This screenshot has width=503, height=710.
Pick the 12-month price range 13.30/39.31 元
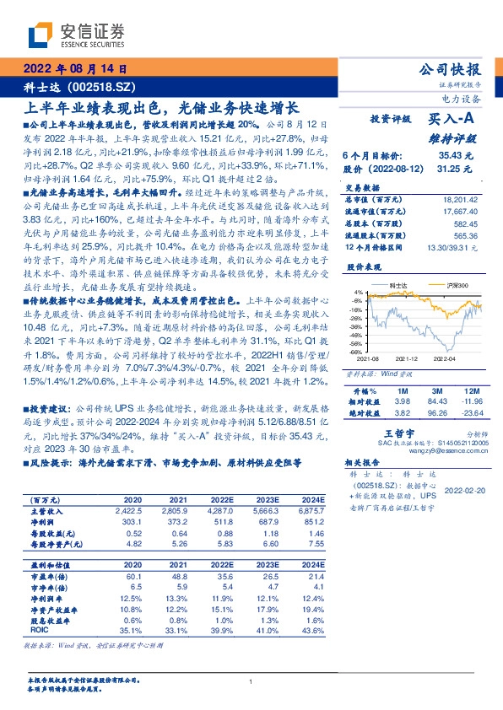(x=453, y=247)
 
